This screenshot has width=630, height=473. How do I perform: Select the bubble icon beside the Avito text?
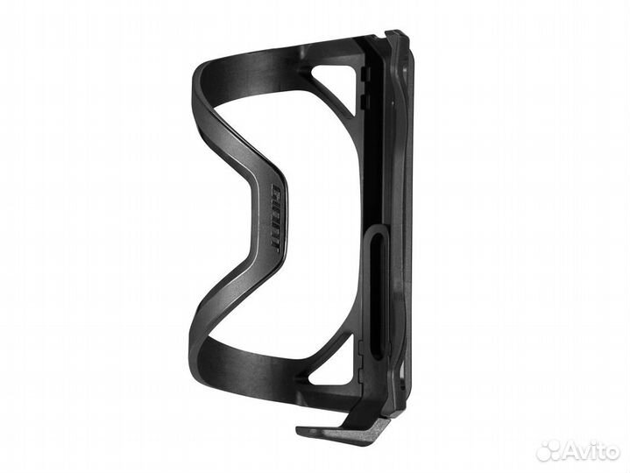(x=549, y=450)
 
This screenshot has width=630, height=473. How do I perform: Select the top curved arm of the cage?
(x=263, y=66)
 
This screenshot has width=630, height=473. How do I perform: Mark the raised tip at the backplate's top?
(x=398, y=37)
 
